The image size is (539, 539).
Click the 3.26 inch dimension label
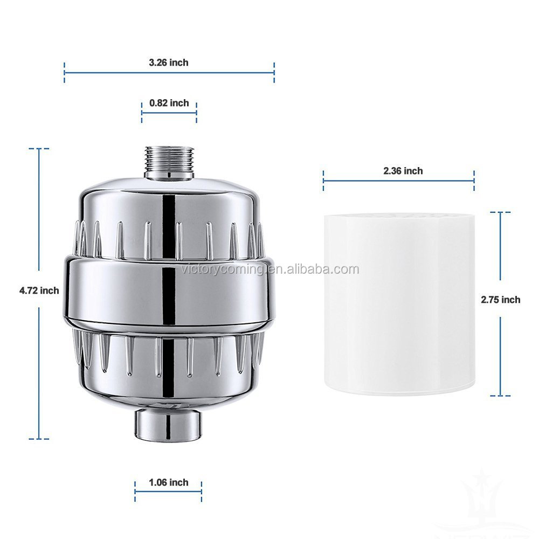click(169, 63)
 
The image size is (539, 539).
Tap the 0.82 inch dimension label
click(169, 103)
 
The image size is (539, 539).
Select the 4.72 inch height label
click(39, 291)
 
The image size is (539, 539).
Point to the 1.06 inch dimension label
click(168, 482)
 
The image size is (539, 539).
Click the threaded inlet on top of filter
click(169, 162)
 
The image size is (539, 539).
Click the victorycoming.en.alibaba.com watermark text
click(269, 269)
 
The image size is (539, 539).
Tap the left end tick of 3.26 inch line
click(65, 72)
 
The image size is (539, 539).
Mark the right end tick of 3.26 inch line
click(274, 72)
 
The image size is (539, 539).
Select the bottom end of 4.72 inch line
click(39, 438)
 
